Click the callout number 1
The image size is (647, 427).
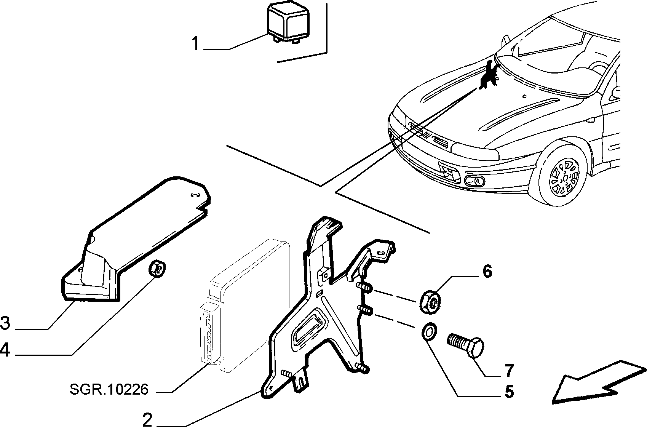196,44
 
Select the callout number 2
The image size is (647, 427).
147,419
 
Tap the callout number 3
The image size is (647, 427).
5,323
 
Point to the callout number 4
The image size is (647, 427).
5,350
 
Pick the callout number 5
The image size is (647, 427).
509,392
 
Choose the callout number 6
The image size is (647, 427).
487,272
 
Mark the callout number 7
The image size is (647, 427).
510,370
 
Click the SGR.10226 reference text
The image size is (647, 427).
109,389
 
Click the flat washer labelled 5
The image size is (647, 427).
429,332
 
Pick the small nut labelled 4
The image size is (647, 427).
157,268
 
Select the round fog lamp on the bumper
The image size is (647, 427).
474,181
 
